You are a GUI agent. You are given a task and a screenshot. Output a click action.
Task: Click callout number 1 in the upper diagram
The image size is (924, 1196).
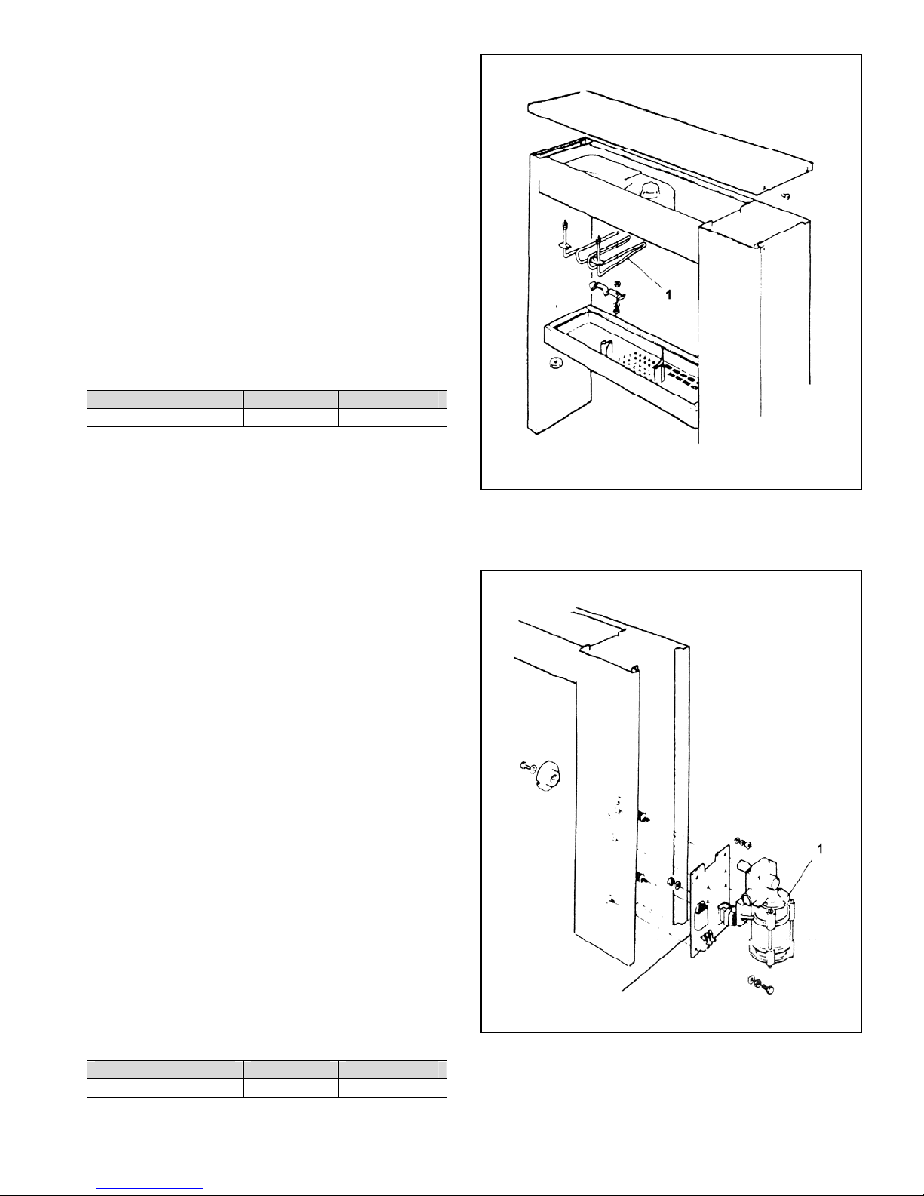point(668,296)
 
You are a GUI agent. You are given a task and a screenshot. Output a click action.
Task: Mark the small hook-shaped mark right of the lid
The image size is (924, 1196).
point(786,195)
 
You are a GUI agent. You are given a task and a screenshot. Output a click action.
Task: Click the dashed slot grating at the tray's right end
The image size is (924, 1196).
point(683,375)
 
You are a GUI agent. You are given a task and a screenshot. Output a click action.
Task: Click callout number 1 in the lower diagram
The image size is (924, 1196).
point(820,849)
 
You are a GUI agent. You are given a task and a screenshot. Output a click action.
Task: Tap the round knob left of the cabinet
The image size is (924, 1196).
point(549,778)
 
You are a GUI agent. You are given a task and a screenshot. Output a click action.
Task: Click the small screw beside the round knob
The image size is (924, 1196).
point(526,767)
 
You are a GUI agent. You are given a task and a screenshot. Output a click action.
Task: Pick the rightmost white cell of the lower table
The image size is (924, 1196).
point(392,1087)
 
